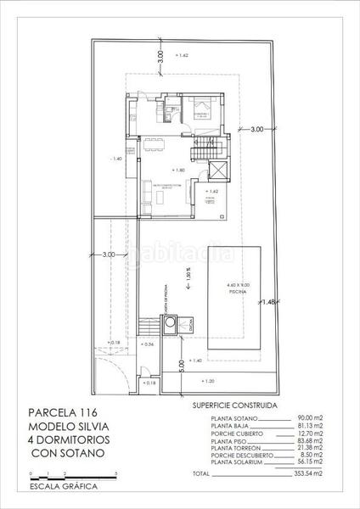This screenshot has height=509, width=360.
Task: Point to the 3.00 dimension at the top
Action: (x=160, y=58)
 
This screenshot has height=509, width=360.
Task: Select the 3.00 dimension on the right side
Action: (x=256, y=130)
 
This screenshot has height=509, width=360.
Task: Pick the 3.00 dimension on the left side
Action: (x=109, y=255)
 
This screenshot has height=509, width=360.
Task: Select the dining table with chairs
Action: (x=154, y=141)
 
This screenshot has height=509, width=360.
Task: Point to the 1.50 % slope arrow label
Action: (x=188, y=275)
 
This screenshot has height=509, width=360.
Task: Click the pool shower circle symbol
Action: (x=171, y=322)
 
